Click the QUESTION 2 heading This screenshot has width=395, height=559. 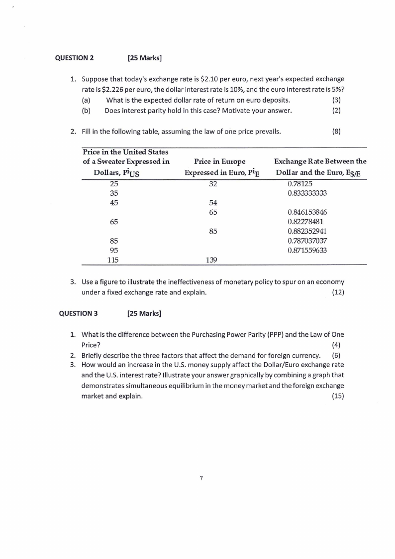point(74,58)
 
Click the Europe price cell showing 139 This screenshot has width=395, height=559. point(213,260)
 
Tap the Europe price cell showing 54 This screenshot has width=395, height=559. point(213,203)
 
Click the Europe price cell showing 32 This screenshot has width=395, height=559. point(213,184)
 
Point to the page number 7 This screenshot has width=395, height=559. point(201,478)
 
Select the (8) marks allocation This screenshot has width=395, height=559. point(336,132)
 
